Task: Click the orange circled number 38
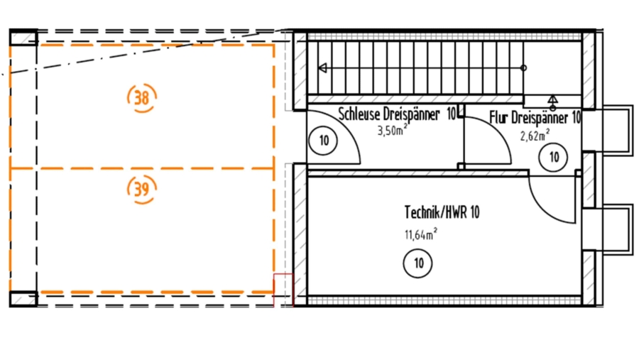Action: [x=142, y=97]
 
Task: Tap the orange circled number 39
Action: [x=141, y=188]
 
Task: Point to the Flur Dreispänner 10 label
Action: [x=535, y=118]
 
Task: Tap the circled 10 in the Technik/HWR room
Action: [x=417, y=263]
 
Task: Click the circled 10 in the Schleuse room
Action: [x=324, y=141]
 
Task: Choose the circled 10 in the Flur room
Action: [x=553, y=157]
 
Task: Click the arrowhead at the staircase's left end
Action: [x=322, y=68]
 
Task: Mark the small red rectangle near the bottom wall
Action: [x=283, y=290]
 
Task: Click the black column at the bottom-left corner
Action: [x=23, y=299]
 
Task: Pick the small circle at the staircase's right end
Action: [x=524, y=68]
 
